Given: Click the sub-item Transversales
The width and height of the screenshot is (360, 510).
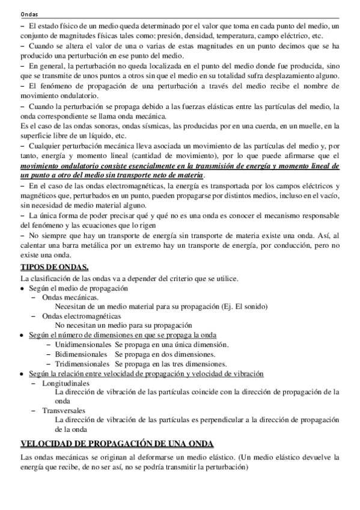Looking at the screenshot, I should click(x=63, y=410).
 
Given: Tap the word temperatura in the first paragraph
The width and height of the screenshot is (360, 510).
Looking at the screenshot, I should click(x=246, y=35).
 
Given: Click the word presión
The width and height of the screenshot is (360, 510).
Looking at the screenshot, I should click(x=167, y=35).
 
